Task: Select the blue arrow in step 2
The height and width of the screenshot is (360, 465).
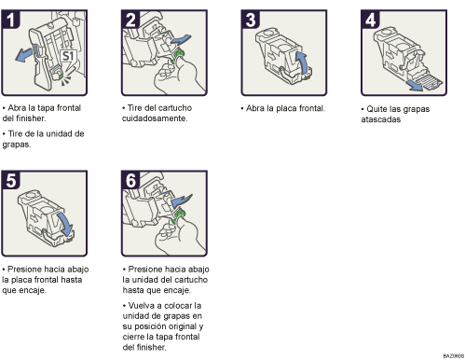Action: pyautogui.click(x=185, y=38)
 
